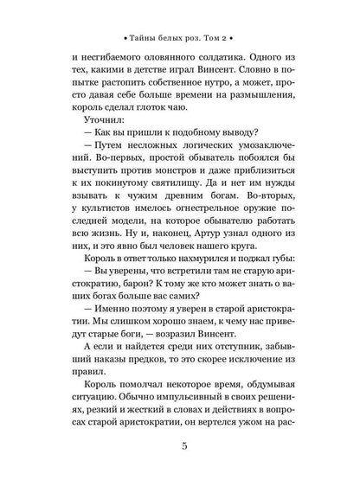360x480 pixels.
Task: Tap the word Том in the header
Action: (227, 41)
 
